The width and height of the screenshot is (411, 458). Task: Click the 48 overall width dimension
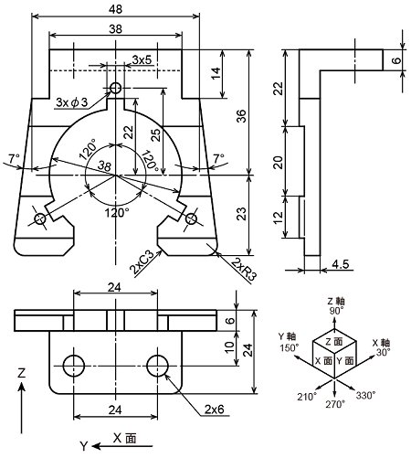(x=115, y=9)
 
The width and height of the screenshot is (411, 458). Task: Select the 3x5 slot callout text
(x=142, y=59)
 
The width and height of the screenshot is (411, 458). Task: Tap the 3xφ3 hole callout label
(x=72, y=102)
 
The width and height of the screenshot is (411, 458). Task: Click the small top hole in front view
(x=116, y=88)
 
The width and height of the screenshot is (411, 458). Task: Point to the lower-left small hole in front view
(x=40, y=218)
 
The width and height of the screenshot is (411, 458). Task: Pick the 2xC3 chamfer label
(x=142, y=262)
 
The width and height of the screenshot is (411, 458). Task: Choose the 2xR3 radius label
(x=244, y=269)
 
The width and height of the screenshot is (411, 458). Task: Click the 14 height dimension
(x=216, y=74)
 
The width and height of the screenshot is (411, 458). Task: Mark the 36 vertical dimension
(x=241, y=116)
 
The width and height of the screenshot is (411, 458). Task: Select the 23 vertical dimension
(x=241, y=214)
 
